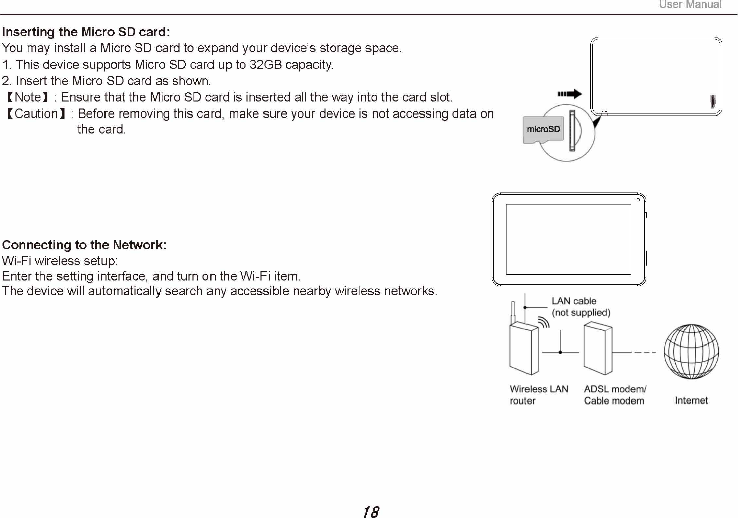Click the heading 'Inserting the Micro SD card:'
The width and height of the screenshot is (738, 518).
pos(86,32)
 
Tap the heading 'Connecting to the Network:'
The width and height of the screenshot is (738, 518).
pos(84,245)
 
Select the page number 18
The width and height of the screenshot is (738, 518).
pos(371,512)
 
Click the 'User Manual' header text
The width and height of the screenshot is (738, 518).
pos(690,5)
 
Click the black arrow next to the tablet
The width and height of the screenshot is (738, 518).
pos(569,94)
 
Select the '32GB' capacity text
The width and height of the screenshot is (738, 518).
pos(266,65)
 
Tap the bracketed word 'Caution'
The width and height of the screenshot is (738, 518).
pos(36,114)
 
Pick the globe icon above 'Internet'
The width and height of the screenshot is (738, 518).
pos(691,352)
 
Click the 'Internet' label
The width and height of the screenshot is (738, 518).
pos(691,400)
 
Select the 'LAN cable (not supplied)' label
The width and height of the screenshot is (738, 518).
pos(581,307)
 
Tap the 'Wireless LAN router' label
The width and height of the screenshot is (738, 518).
pos(539,395)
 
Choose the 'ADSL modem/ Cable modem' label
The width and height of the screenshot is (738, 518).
pos(614,395)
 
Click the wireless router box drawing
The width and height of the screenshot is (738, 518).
pos(523,348)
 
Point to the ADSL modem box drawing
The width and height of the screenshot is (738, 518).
pos(598,349)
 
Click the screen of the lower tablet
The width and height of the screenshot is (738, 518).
pos(568,239)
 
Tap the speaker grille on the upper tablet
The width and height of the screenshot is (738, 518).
pos(713,101)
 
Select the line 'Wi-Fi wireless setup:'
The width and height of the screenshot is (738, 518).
pos(60,261)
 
